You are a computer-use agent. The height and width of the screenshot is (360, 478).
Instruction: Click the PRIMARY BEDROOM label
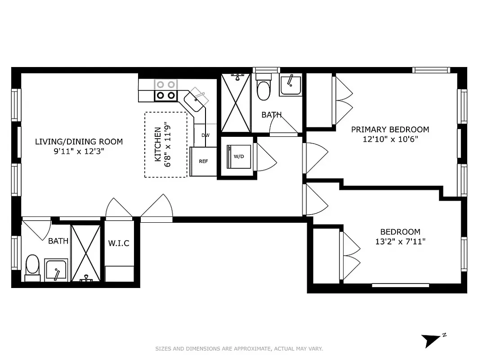pyautogui.click(x=390, y=130)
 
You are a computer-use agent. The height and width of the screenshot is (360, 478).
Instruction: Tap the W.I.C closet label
pyautogui.click(x=119, y=243)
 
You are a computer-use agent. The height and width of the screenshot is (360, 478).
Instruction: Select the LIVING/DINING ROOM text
pyautogui.click(x=79, y=142)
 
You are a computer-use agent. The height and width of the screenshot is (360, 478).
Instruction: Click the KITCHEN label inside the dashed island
pyautogui.click(x=158, y=144)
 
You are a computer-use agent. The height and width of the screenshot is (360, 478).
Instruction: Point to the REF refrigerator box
pyautogui.click(x=203, y=162)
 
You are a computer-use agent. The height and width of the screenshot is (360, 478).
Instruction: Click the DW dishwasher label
pyautogui.click(x=205, y=135)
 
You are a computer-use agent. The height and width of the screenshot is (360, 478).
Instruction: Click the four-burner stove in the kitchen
pyautogui.click(x=165, y=90)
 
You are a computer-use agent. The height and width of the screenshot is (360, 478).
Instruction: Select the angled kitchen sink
pyautogui.click(x=196, y=102)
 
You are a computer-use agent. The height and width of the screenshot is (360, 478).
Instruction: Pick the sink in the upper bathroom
pyautogui.click(x=291, y=85)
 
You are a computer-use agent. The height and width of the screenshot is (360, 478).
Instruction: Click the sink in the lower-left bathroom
pyautogui.click(x=56, y=270)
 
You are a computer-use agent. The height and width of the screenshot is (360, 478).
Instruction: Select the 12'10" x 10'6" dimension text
pyautogui.click(x=390, y=139)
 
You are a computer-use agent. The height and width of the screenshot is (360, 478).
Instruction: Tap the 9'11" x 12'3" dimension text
pyautogui.click(x=79, y=152)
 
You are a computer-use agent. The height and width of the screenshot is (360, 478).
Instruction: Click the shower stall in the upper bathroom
pyautogui.click(x=235, y=103)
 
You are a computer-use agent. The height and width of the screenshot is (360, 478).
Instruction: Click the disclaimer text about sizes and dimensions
pyautogui.click(x=239, y=349)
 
